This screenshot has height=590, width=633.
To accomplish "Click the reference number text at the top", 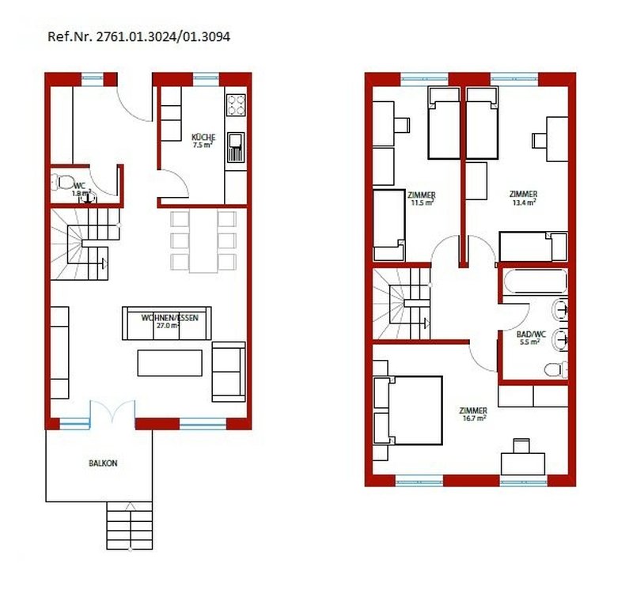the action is [x=139, y=36].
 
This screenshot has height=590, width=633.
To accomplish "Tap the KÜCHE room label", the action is [x=203, y=137].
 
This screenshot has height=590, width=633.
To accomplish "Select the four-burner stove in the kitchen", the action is [x=236, y=105].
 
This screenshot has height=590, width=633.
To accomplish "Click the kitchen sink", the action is [x=236, y=147].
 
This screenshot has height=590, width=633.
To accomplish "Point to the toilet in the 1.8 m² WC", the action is [x=62, y=182].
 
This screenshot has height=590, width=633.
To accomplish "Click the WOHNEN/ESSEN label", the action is [x=170, y=318].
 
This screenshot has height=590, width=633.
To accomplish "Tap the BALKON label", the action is [x=103, y=463].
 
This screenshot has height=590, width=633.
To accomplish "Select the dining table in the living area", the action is [x=203, y=241].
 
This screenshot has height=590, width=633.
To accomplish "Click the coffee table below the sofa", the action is [x=169, y=363].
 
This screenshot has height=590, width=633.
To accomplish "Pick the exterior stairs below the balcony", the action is [x=130, y=525].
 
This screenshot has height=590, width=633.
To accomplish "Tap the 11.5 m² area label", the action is [x=423, y=202].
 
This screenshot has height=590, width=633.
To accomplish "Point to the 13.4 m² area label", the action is [x=525, y=202].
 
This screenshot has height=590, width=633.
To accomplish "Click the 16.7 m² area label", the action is [x=474, y=418].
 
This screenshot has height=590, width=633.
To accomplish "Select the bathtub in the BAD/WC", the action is [x=536, y=281].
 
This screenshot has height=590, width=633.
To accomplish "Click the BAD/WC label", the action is [x=531, y=334].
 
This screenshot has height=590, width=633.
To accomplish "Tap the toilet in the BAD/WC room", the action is [x=556, y=369].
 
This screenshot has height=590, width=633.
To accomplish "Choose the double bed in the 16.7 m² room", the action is [x=408, y=410].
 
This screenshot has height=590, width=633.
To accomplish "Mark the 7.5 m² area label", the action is [x=203, y=146].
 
